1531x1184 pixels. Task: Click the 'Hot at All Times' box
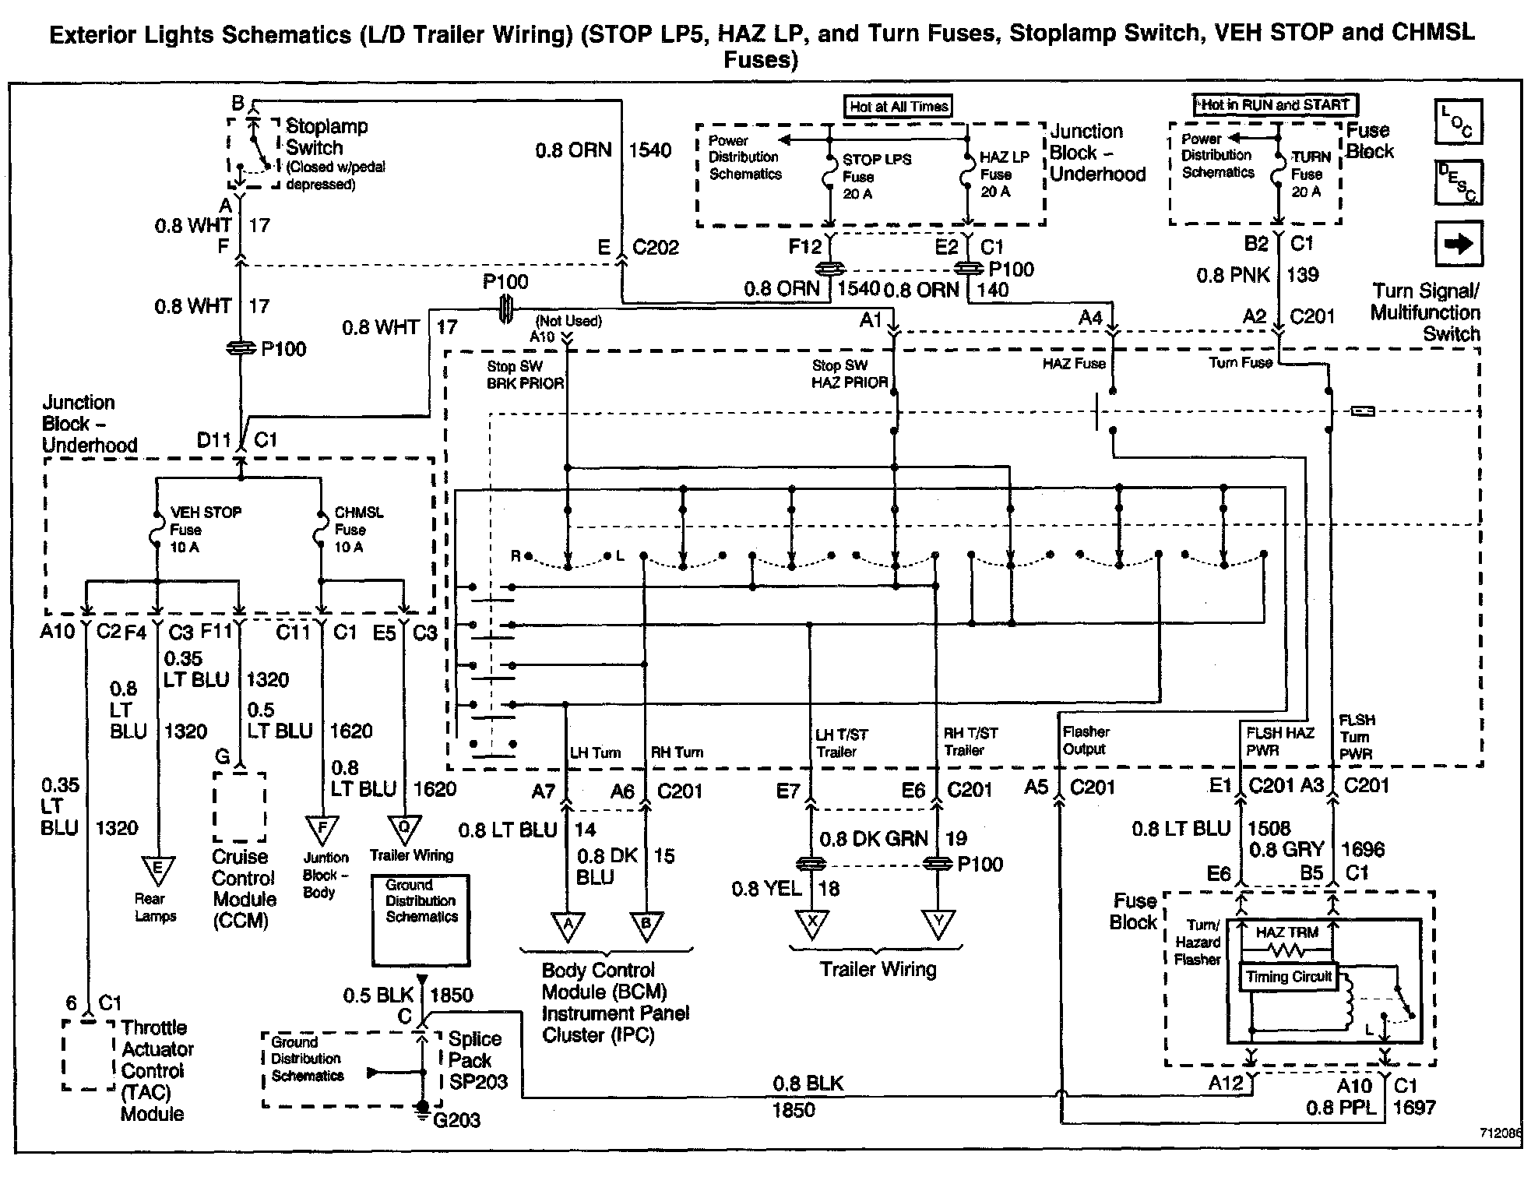coord(899,107)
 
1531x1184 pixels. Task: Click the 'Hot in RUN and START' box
coord(1275,104)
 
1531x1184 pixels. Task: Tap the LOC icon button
coord(1458,122)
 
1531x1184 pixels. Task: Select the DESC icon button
coord(1458,183)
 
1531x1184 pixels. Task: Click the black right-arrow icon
coord(1458,244)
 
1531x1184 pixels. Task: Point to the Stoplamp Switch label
coord(326,137)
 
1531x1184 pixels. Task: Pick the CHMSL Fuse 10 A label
coord(358,530)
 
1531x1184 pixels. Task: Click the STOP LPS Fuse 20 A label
coord(875,176)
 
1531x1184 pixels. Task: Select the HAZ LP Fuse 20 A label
coord(1003,174)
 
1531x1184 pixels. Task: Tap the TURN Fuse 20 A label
coord(1310,174)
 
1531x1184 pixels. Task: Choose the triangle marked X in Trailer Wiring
coord(812,924)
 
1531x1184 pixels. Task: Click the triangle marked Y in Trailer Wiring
coord(938,924)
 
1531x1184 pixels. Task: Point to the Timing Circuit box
coord(1289,977)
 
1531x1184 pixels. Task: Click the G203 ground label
coord(456,1120)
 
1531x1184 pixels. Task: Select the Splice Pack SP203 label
coord(477,1060)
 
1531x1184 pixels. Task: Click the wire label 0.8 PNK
coord(1233,275)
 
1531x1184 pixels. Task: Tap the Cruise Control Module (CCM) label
coord(244,889)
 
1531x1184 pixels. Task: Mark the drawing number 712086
coord(1500,1133)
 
